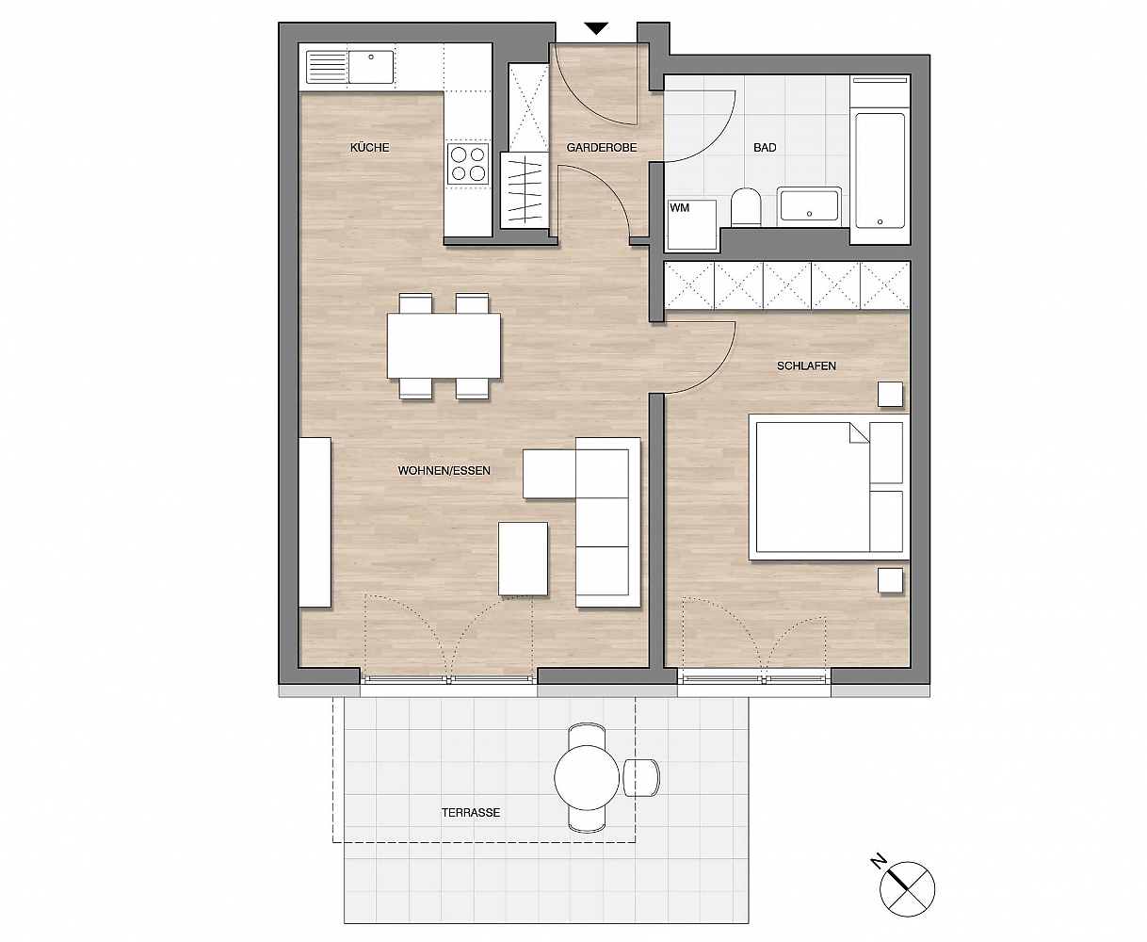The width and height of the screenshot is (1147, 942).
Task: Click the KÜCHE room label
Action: tap(369, 148)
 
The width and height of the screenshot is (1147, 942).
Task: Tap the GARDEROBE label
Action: tap(602, 148)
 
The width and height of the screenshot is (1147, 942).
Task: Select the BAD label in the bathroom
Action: tap(765, 148)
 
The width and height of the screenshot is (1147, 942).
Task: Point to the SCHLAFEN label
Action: tap(806, 366)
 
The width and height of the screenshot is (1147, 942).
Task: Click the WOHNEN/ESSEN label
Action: tap(444, 471)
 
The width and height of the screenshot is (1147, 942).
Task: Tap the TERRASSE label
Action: tap(471, 813)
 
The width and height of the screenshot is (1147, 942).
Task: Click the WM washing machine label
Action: tap(680, 208)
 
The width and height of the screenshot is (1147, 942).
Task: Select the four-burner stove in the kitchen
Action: tap(468, 164)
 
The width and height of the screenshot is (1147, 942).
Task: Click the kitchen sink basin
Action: tap(371, 67)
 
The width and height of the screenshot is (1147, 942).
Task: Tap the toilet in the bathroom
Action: tap(746, 207)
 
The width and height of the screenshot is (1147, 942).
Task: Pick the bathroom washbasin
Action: tap(809, 204)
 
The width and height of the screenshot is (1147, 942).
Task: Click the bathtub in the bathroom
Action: tap(880, 170)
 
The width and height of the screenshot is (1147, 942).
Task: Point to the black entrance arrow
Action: tap(596, 28)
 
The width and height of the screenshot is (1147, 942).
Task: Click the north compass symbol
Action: tap(907, 889)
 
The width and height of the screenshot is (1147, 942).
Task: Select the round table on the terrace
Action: tap(587, 777)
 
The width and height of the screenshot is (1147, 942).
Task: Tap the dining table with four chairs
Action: tap(444, 346)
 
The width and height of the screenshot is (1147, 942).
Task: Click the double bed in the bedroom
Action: tap(829, 487)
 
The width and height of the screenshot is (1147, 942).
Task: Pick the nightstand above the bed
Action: tap(890, 394)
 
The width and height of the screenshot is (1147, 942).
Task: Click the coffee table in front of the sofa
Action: tap(524, 559)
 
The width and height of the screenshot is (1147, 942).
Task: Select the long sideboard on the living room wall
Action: tap(315, 522)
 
